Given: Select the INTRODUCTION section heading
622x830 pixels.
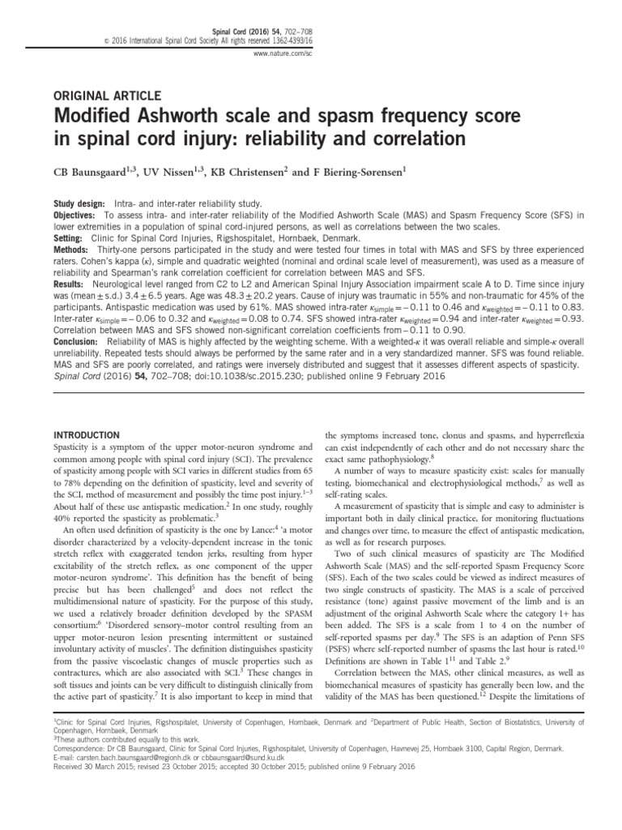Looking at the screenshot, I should [x=87, y=435].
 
